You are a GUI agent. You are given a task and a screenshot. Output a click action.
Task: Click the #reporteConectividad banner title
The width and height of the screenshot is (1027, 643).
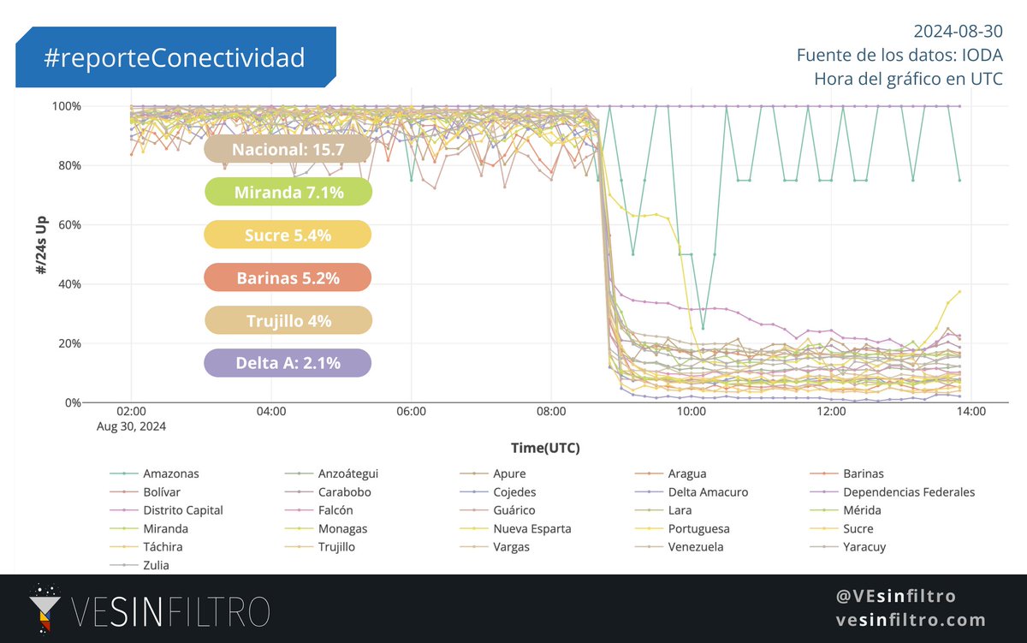tap(175, 57)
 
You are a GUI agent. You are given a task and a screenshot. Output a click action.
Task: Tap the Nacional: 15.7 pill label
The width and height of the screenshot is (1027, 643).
tap(288, 149)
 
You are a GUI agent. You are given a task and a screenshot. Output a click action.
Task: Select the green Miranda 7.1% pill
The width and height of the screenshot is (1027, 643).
tap(288, 193)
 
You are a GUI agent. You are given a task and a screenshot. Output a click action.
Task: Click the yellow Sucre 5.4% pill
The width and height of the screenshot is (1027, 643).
tap(288, 235)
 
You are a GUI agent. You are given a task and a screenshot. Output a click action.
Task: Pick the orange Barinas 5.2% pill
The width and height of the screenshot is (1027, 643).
tap(288, 278)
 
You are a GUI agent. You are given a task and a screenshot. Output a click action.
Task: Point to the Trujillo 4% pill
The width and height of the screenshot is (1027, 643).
tap(288, 321)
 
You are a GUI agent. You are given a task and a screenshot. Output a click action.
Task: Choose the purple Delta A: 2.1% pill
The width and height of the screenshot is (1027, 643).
tap(288, 364)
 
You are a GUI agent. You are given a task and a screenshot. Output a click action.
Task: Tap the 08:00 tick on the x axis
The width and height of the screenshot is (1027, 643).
tap(551, 412)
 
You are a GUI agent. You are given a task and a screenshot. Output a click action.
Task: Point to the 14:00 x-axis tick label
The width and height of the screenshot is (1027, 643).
tap(971, 412)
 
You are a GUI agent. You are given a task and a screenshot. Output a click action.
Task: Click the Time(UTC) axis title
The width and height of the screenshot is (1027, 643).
tap(551, 448)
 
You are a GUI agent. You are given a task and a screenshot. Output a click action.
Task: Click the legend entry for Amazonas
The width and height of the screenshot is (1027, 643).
tap(171, 473)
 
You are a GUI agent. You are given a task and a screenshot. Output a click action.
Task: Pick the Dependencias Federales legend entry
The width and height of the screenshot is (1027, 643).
tap(908, 492)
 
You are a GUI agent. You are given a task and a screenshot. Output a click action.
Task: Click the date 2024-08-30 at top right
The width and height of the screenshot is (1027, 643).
tap(958, 32)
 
